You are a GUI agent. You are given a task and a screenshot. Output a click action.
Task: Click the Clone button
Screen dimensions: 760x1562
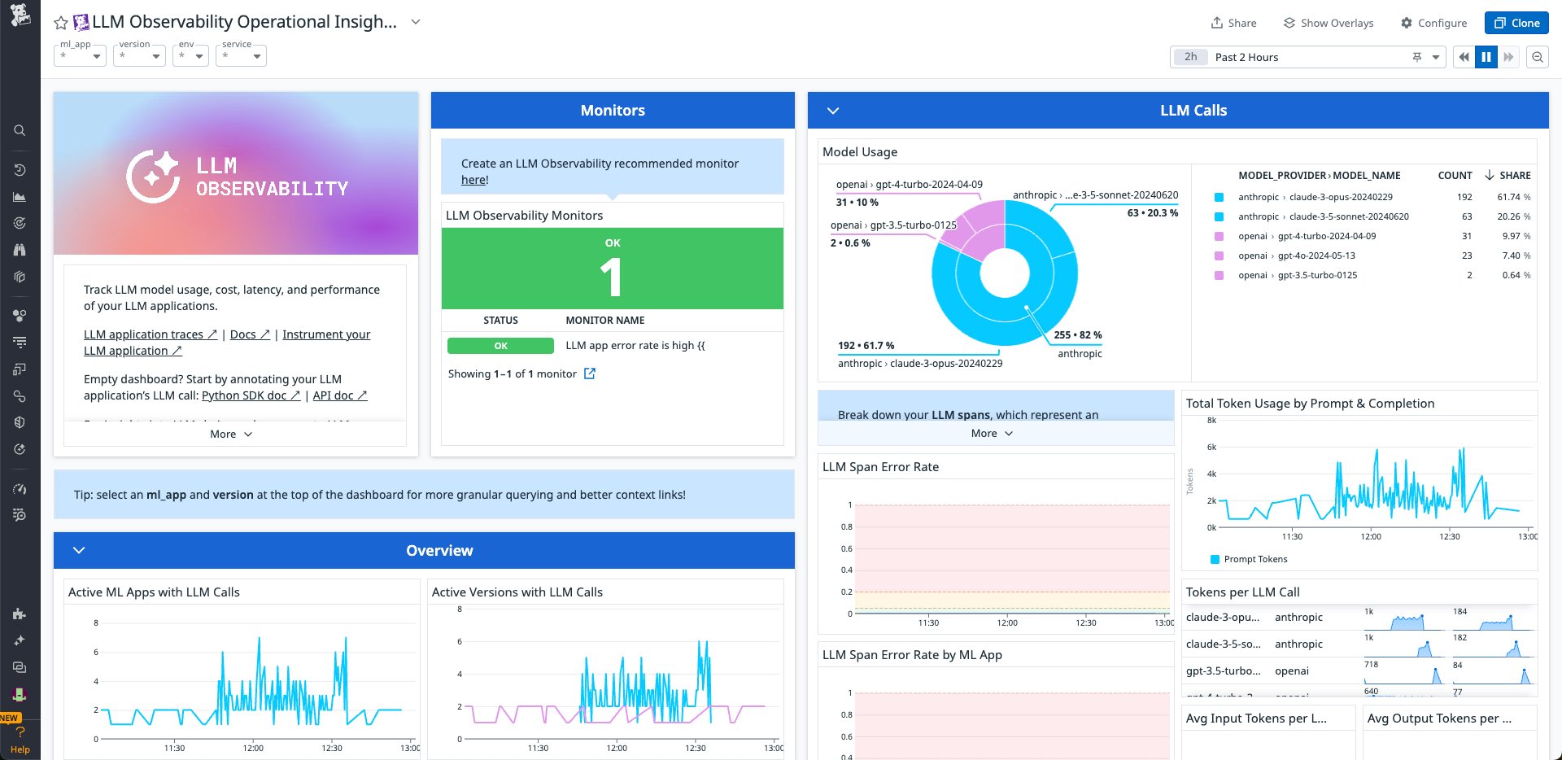pyautogui.click(x=1516, y=23)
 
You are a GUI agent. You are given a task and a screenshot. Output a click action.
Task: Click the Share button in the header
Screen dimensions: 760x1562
pyautogui.click(x=1233, y=23)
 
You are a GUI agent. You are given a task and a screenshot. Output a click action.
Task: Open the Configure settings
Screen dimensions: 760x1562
pyautogui.click(x=1433, y=23)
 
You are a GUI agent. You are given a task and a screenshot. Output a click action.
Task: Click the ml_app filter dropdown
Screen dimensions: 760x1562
pyautogui.click(x=80, y=56)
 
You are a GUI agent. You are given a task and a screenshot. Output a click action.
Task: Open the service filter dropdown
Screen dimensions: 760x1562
pyautogui.click(x=241, y=56)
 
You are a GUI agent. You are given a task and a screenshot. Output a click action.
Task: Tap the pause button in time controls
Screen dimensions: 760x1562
pyautogui.click(x=1486, y=57)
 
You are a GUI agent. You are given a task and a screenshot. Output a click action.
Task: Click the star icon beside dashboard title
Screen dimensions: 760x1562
pyautogui.click(x=61, y=23)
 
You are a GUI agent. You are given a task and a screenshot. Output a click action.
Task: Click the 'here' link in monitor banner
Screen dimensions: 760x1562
pyautogui.click(x=473, y=180)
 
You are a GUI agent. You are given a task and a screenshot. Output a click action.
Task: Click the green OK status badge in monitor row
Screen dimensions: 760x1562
pyautogui.click(x=500, y=346)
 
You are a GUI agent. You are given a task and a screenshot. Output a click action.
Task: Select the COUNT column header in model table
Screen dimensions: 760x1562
pyautogui.click(x=1455, y=176)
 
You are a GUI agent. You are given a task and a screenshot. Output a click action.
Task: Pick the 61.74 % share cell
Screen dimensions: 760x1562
pyautogui.click(x=1512, y=197)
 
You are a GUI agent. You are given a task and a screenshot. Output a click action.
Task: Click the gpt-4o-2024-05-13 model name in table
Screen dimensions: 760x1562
pyautogui.click(x=1315, y=256)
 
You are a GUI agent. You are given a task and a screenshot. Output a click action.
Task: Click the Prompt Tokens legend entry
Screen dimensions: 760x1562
pyautogui.click(x=1254, y=559)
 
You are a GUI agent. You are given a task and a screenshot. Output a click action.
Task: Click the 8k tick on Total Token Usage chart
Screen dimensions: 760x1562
pyautogui.click(x=1211, y=421)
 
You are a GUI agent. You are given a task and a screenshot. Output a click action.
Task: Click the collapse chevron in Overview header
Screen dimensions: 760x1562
pyautogui.click(x=79, y=550)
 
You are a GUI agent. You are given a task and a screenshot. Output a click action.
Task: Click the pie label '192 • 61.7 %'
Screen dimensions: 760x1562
pyautogui.click(x=866, y=346)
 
